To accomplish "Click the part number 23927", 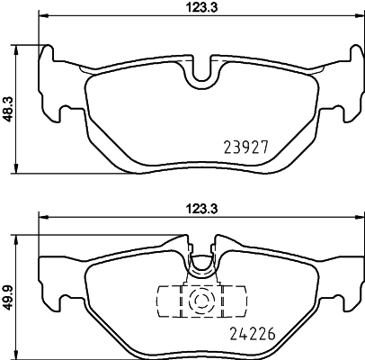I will click(245, 145).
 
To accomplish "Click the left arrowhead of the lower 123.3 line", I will click(42, 218).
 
